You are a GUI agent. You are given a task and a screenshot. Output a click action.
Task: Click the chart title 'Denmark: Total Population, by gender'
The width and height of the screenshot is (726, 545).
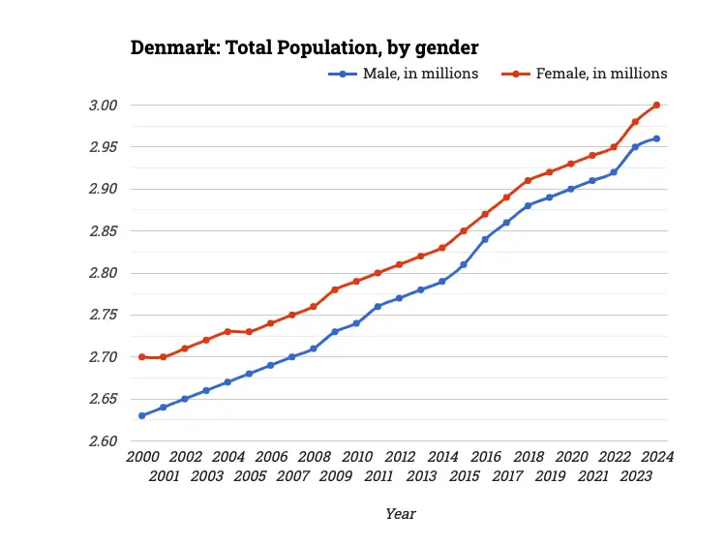[x=305, y=47]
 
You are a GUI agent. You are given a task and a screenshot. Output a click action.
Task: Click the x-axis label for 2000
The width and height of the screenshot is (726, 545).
[x=142, y=457]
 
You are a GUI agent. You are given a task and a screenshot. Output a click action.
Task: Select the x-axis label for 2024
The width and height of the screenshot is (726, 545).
[x=657, y=457]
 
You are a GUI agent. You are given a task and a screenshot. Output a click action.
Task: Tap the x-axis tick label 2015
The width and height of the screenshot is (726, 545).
[x=464, y=476]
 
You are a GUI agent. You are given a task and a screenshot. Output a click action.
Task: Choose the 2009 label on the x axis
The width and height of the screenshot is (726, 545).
[x=335, y=476]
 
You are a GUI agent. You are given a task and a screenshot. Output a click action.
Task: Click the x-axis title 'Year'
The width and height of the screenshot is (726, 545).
[x=400, y=514]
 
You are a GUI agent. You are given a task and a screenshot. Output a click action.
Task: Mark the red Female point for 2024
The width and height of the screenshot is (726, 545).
[x=657, y=105]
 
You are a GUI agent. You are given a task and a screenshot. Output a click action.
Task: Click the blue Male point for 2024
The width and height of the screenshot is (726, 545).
[x=657, y=138]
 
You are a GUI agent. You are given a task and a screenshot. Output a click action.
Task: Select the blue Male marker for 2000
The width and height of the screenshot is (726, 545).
[x=142, y=416]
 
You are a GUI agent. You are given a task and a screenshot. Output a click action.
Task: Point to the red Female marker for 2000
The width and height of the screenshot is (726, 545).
[x=142, y=357]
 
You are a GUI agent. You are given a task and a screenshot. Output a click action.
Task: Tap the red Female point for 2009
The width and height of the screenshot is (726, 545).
[x=335, y=289]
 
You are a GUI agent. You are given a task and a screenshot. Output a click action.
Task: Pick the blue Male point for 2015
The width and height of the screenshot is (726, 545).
[x=464, y=264]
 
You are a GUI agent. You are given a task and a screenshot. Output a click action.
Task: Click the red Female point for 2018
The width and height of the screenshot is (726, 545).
[x=529, y=180]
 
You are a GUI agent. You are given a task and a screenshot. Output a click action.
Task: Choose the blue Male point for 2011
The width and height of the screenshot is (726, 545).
[x=378, y=306]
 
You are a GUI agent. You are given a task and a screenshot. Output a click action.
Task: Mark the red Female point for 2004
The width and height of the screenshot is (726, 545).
[x=227, y=331]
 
